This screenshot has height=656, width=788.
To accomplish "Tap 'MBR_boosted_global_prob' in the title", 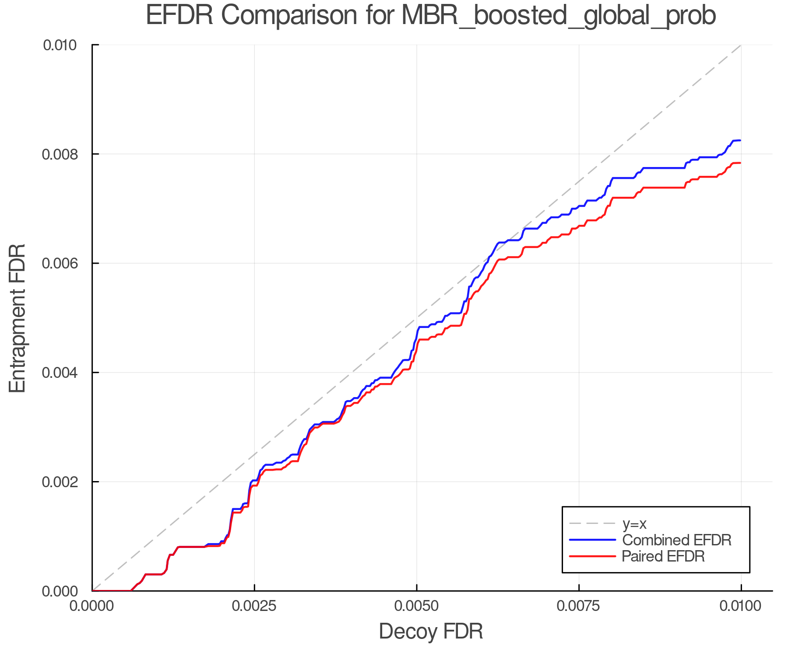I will [x=559, y=16].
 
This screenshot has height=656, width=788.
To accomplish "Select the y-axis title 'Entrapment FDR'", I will [x=18, y=318].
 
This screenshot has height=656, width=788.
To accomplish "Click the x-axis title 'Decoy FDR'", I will [x=431, y=632].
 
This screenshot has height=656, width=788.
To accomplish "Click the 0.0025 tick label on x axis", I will [x=254, y=606].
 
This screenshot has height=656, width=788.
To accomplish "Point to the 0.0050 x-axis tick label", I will [x=417, y=606].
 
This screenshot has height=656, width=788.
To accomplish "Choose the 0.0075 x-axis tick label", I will [x=579, y=606].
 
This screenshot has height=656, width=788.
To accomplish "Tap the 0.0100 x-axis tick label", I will [x=741, y=606].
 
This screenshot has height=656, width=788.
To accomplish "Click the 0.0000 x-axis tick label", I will [x=92, y=606].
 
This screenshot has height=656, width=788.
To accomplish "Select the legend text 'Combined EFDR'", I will [x=677, y=540].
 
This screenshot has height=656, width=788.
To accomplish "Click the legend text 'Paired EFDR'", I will [x=663, y=556].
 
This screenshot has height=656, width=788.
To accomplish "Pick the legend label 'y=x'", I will [x=634, y=523].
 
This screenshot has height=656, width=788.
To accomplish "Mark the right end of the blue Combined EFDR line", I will [x=740, y=140].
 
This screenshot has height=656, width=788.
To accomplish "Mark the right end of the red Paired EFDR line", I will [x=740, y=163].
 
